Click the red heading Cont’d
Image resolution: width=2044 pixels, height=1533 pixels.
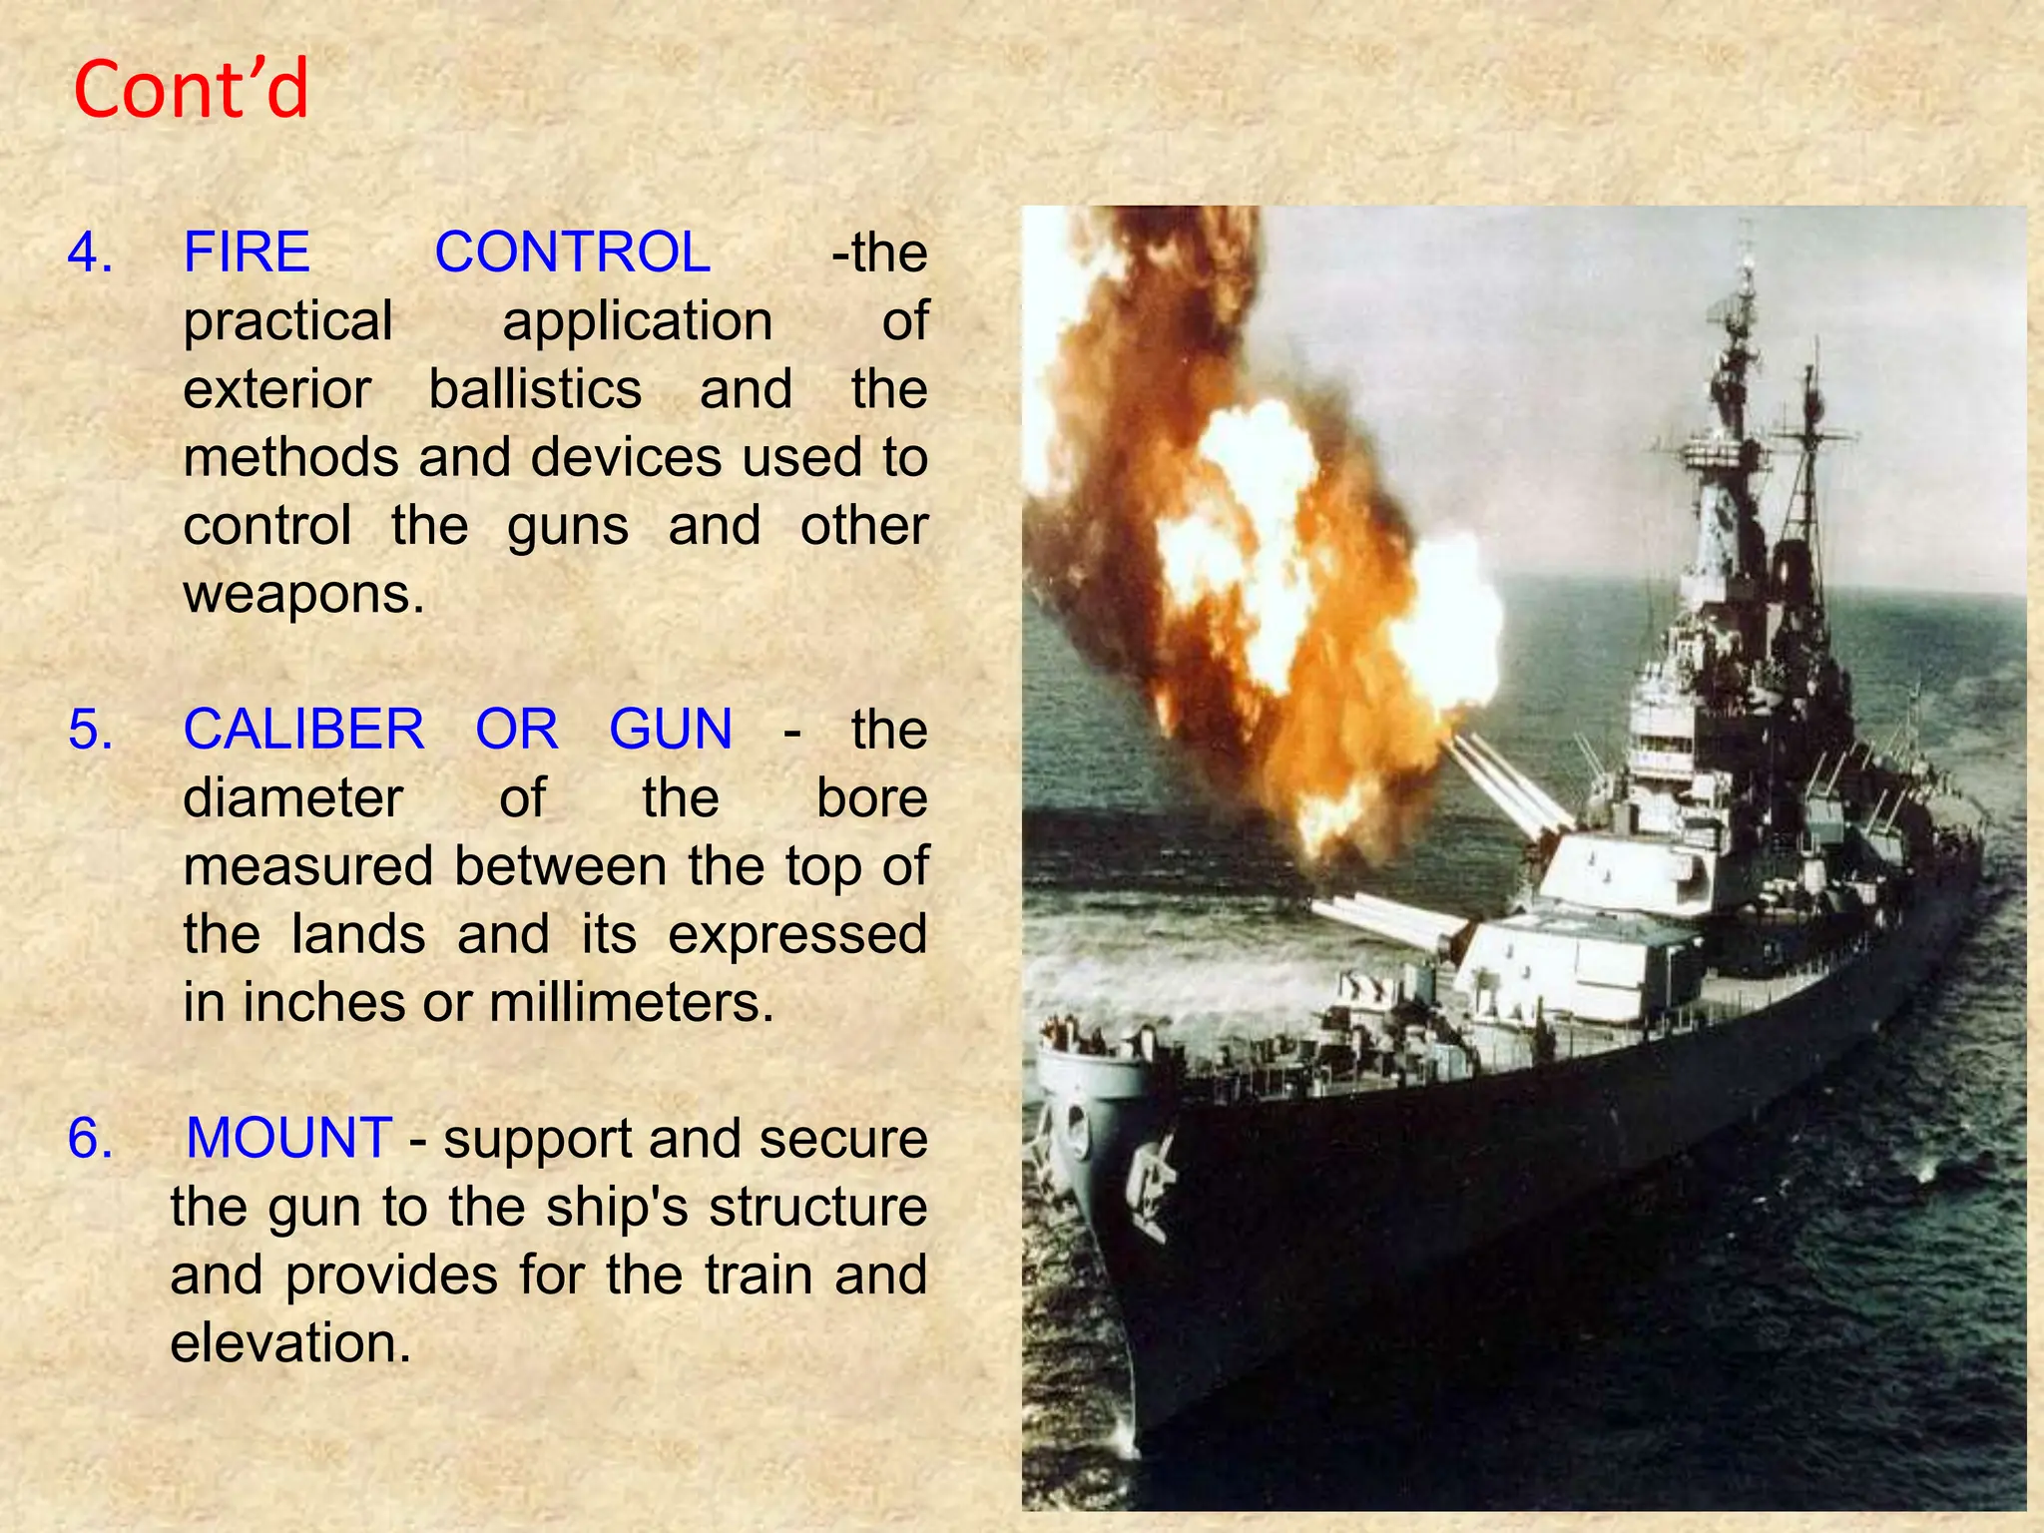click(191, 90)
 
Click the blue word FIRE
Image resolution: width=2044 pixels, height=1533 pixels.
click(247, 252)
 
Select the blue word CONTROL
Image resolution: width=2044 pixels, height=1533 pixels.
click(572, 252)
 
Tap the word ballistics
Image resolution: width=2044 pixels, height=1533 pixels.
click(535, 388)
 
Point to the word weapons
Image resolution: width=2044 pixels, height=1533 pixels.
click(303, 594)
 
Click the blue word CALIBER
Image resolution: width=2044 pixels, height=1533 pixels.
click(303, 729)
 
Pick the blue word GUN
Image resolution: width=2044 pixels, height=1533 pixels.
click(671, 729)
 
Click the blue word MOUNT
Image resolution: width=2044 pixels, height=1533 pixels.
click(289, 1138)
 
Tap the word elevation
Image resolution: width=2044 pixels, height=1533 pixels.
click(289, 1342)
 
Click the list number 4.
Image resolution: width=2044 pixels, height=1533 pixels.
click(90, 252)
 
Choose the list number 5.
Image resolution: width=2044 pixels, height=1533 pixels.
click(90, 729)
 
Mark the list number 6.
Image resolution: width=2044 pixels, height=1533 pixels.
click(90, 1138)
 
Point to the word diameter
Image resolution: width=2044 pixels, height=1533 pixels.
click(292, 798)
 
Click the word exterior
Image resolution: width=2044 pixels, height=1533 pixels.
click(276, 388)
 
